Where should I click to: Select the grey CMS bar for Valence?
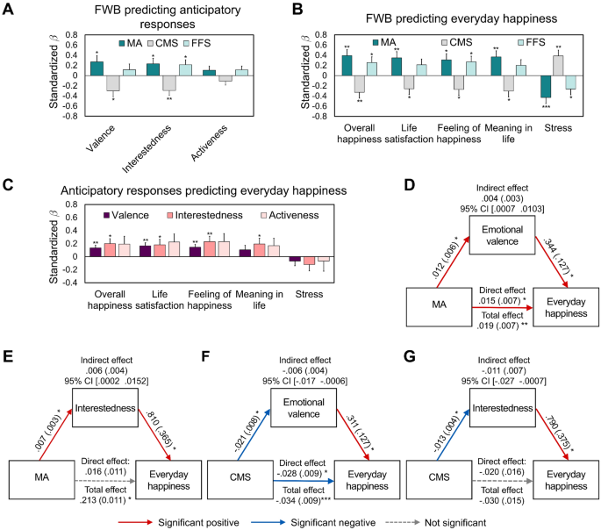pos(112,83)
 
